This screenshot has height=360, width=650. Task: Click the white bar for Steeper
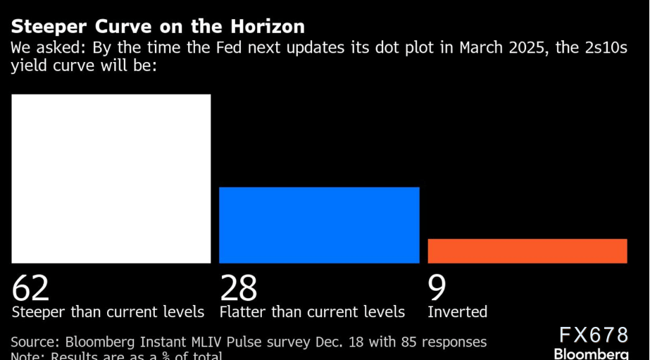(111, 178)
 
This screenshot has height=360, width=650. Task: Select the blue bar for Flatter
(319, 225)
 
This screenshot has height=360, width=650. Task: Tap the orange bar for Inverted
(527, 251)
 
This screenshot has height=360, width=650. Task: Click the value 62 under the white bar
(31, 288)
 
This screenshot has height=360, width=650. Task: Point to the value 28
(239, 288)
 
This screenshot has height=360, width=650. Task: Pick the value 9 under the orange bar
(437, 288)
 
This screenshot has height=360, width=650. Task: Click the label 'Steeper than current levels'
(108, 311)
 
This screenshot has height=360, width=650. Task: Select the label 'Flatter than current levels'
(312, 311)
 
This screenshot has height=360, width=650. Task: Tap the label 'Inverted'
(457, 311)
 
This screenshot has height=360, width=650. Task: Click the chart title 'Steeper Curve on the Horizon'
(158, 27)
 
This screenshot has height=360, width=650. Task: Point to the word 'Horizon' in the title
(270, 27)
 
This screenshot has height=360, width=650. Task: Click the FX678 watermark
(593, 334)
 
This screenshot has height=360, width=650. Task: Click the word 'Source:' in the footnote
(35, 342)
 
